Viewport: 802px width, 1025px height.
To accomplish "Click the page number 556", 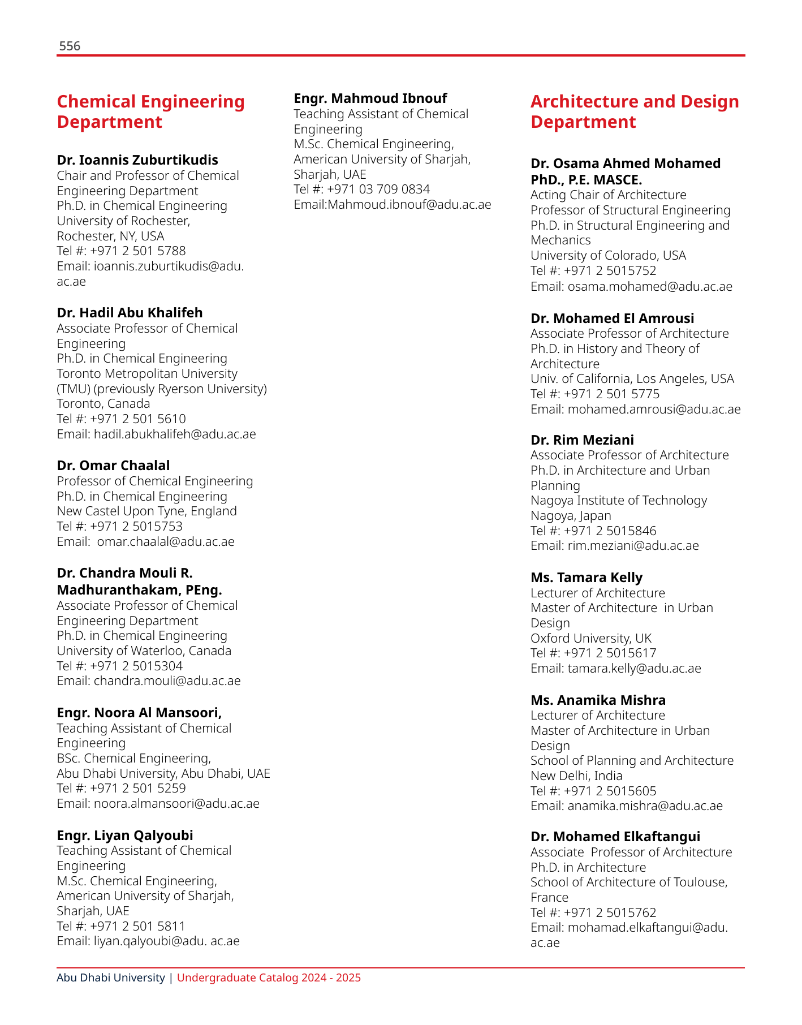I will click(x=70, y=46).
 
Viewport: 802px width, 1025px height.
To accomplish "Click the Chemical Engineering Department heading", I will click(x=150, y=111).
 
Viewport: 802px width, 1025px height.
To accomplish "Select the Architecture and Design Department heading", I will click(x=635, y=111).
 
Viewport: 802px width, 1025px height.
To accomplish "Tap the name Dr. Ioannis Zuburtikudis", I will click(x=137, y=160).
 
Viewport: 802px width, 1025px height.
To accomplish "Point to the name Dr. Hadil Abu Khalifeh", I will click(x=130, y=313).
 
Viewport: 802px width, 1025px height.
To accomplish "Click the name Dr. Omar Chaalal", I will click(x=113, y=466).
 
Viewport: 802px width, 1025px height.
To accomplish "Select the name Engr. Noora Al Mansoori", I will click(x=139, y=712).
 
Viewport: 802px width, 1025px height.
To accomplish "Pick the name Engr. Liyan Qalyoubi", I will click(x=125, y=835).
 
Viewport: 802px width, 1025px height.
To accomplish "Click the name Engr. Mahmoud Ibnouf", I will click(x=370, y=98).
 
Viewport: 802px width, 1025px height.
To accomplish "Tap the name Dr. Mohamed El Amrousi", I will click(x=613, y=318).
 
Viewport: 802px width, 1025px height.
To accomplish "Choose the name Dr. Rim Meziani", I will click(x=582, y=440).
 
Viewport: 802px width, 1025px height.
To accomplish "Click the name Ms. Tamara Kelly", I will click(x=587, y=578).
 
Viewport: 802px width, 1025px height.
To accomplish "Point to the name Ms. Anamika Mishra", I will click(x=598, y=700).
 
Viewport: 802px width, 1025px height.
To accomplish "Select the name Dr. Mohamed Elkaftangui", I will click(x=615, y=837).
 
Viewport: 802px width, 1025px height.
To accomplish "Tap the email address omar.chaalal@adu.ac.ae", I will click(x=166, y=542).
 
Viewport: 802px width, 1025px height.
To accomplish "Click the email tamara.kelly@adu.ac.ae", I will click(x=634, y=669).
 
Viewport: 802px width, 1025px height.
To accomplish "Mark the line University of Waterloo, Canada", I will click(x=144, y=651).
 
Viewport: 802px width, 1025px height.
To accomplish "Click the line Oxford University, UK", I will click(x=591, y=639).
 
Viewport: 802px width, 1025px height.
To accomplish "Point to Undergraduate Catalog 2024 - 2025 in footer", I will click(x=269, y=977).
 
